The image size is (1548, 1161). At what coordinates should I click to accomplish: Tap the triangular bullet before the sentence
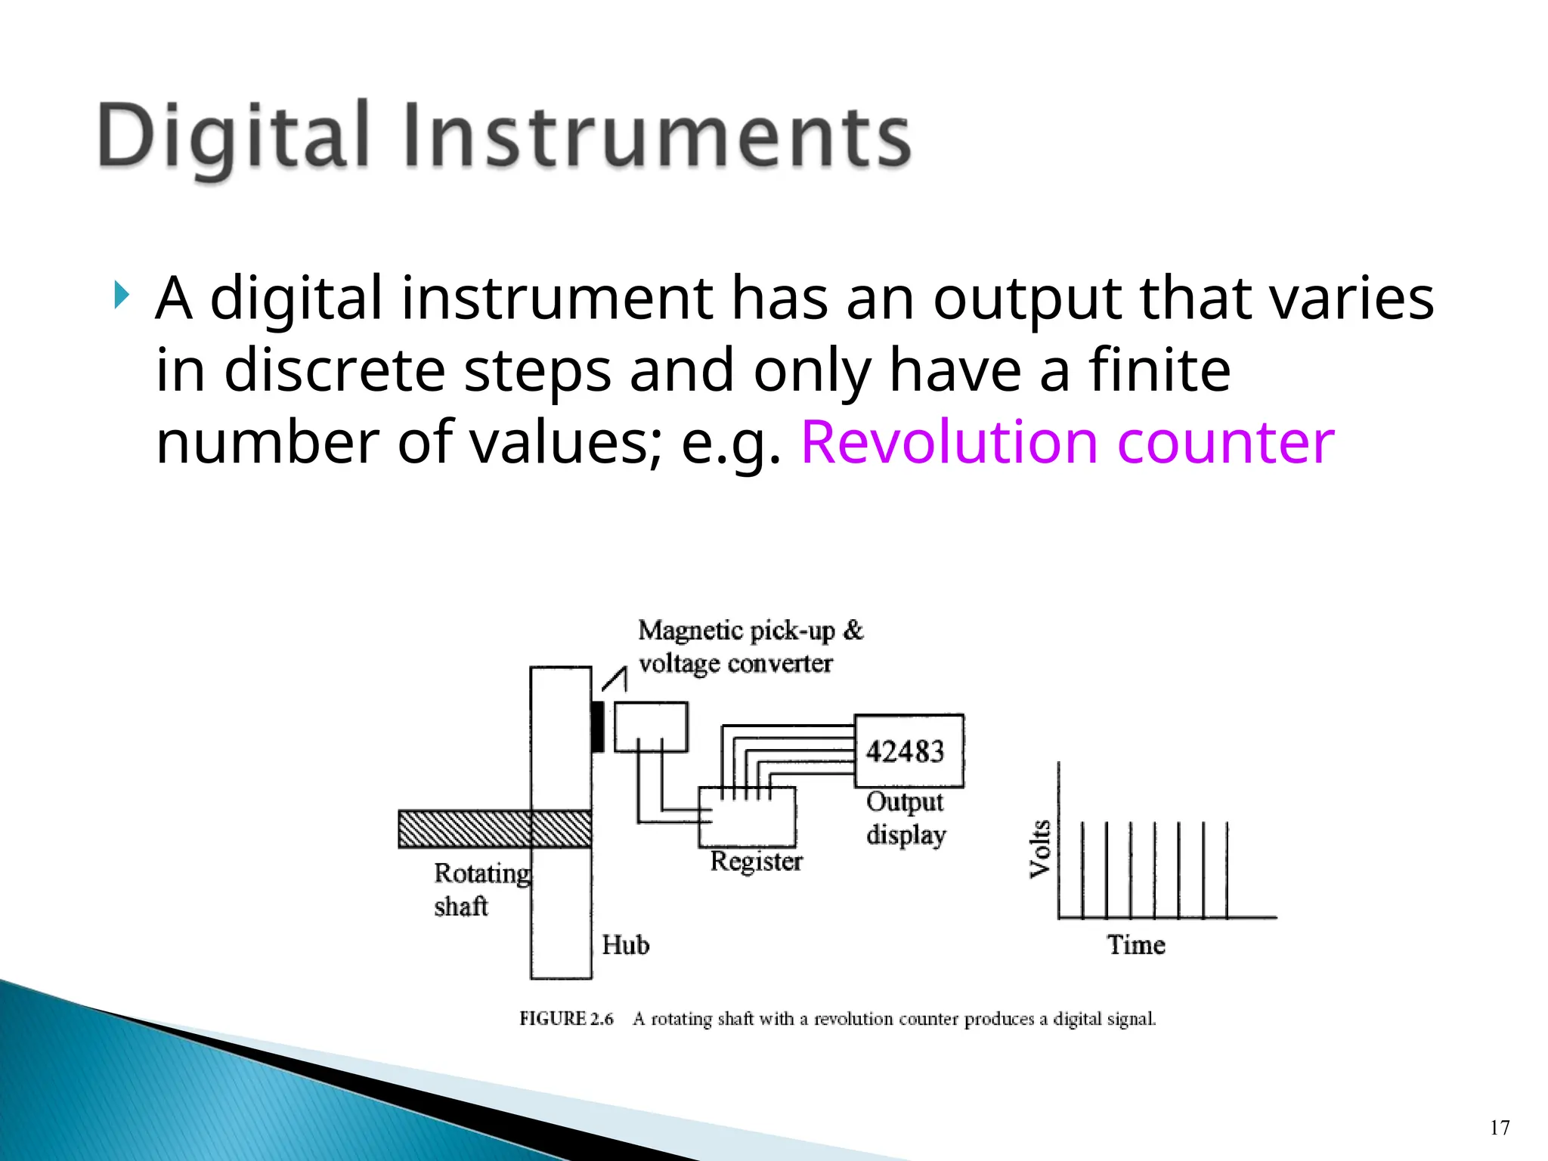coord(122,294)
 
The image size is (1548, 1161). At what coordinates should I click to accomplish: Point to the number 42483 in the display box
coord(906,752)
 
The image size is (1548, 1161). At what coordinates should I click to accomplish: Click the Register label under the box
coord(756,862)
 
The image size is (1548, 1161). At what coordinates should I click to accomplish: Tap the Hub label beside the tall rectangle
coord(625,945)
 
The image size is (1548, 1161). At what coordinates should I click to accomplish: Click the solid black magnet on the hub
coord(598,726)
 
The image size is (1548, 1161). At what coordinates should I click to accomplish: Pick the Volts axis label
coord(1041,848)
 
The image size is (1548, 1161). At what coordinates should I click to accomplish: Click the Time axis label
coord(1136,945)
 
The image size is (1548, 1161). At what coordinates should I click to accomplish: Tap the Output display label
coord(906,819)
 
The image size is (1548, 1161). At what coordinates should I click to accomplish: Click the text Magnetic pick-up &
coord(750,630)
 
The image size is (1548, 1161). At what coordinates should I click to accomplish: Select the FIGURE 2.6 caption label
coord(565,1019)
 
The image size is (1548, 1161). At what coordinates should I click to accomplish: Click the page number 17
coord(1500,1128)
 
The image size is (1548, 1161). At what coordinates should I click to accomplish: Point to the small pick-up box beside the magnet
coord(651,726)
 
